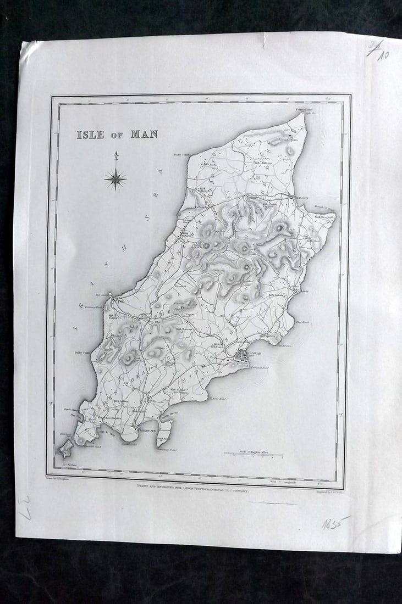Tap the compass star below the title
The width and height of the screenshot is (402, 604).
[x=115, y=178]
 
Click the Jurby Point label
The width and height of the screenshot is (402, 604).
[x=181, y=155]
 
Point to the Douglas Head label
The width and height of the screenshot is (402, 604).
[x=257, y=368]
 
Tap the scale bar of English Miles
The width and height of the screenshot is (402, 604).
[x=252, y=455]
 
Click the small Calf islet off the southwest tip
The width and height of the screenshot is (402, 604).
[x=66, y=449]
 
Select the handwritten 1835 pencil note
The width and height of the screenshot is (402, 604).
[x=334, y=522]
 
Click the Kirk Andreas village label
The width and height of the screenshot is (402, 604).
[x=263, y=163]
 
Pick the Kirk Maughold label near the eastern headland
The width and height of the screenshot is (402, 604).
[x=324, y=216]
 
